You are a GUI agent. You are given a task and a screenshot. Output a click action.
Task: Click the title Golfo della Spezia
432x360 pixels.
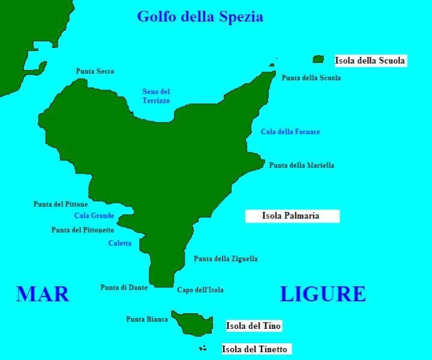pos(200,16)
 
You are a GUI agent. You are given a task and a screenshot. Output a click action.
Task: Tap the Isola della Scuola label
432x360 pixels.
pos(370,61)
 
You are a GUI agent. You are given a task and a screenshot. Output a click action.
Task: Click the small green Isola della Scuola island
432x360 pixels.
pos(318,59)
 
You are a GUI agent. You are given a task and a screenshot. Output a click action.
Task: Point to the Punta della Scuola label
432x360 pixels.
pos(311,78)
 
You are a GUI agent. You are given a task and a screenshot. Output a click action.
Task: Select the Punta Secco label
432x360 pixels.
pos(95,71)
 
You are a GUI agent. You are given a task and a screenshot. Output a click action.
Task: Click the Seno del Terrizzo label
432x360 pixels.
pos(156,97)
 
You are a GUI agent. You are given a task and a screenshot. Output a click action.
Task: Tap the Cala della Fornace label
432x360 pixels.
pos(290,132)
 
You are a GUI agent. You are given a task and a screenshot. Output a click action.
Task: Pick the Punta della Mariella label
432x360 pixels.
pos(301,166)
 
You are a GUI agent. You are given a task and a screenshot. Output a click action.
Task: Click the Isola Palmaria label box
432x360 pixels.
pos(292,216)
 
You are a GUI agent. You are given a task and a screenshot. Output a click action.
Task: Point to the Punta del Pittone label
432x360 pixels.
pos(61,205)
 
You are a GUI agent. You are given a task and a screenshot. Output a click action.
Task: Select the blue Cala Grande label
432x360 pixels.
pos(94,215)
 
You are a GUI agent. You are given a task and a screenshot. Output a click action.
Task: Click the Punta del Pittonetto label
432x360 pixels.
pos(83,230)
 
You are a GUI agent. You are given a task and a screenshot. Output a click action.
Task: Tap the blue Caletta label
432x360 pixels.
pos(120,243)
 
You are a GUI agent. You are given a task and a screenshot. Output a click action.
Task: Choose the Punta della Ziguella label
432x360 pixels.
pos(226,259)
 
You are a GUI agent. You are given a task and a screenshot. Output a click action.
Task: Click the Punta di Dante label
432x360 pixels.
pos(124,287)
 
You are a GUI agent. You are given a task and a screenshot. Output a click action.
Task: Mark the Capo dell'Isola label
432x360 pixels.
pos(200,290)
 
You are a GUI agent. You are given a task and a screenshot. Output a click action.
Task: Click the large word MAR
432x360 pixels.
pos(43,294)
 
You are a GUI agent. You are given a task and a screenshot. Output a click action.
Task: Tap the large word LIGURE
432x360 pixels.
pos(323,294)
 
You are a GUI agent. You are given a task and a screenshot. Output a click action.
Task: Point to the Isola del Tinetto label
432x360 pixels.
pos(255,349)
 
